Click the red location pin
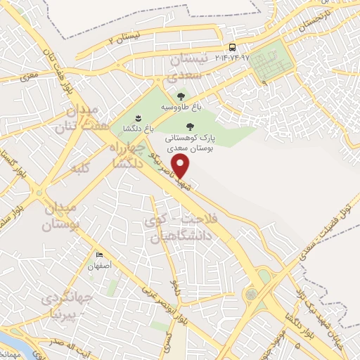tap(182, 166)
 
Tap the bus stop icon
tap(233, 47)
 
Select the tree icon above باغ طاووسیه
tap(181, 96)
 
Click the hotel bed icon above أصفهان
tap(99, 255)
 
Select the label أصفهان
tap(99, 266)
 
